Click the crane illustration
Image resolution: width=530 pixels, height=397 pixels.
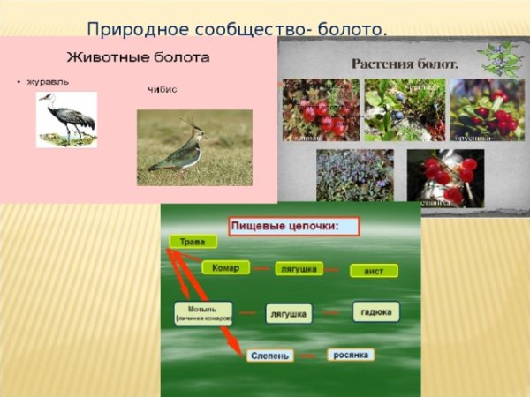coord(66,119)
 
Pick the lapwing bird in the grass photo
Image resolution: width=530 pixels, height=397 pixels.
coord(178,150)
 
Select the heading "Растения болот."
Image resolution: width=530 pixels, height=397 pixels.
coord(405,64)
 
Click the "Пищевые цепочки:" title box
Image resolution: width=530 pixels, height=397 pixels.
coord(293,227)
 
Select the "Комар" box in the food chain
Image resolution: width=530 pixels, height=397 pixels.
coord(225,268)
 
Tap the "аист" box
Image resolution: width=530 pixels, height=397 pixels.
coord(374,271)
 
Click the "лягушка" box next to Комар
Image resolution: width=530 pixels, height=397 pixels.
coord(299,269)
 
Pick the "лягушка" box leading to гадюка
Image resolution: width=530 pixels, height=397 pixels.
coord(289,314)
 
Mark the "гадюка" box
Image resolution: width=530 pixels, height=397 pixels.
coord(375,311)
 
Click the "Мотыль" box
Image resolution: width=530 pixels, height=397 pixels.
coord(203,313)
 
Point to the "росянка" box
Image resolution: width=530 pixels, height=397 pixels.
coord(351,355)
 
